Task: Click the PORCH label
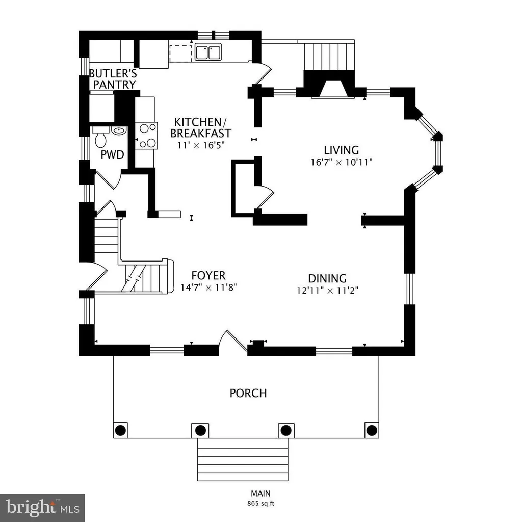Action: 248,393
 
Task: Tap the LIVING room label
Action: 342,150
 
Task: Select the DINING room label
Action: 327,278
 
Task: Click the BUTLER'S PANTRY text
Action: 112,79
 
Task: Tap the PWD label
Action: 112,154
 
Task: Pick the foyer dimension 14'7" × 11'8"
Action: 209,288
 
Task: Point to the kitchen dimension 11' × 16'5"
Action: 200,145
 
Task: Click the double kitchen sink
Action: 207,52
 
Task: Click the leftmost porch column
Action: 121,429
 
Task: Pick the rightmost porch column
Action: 372,429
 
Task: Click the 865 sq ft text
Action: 260,503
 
